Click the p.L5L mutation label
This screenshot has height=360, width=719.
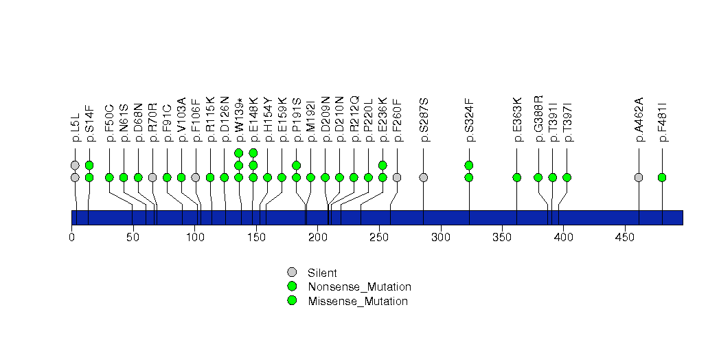pyautogui.click(x=76, y=128)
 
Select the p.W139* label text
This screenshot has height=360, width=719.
pyautogui.click(x=239, y=120)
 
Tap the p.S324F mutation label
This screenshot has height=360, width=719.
pyautogui.click(x=469, y=120)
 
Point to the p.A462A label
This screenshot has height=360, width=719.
pyautogui.click(x=639, y=120)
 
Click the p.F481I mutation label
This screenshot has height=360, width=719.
pyautogui.click(x=662, y=122)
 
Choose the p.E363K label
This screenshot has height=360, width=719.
pyautogui.click(x=517, y=120)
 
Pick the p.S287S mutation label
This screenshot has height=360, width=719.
pyautogui.click(x=424, y=120)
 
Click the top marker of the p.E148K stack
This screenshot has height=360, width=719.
pyautogui.click(x=253, y=153)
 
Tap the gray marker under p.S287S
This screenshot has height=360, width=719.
pyautogui.click(x=424, y=177)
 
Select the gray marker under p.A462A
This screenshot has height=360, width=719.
pyautogui.click(x=638, y=177)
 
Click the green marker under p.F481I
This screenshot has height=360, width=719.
pyautogui.click(x=662, y=177)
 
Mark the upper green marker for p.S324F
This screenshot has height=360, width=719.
pyautogui.click(x=468, y=165)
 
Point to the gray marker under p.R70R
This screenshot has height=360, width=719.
pyautogui.click(x=152, y=177)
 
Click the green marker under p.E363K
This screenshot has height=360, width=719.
pyautogui.click(x=517, y=177)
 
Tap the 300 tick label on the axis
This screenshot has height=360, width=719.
pyautogui.click(x=441, y=237)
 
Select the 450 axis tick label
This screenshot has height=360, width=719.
pyautogui.click(x=625, y=237)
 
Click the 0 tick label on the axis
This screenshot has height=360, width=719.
pyautogui.click(x=71, y=237)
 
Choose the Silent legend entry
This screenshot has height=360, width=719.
pyautogui.click(x=312, y=273)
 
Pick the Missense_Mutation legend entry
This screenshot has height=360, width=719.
pyautogui.click(x=347, y=301)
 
